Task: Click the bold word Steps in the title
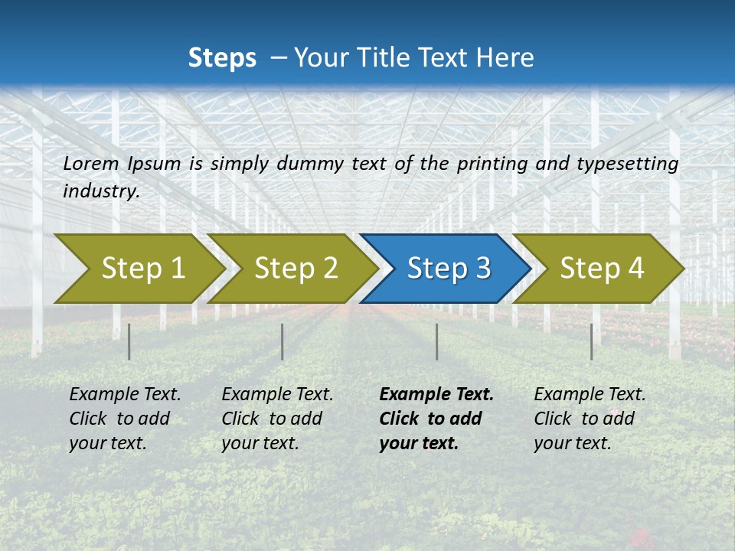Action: point(222,58)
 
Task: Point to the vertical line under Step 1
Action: point(129,341)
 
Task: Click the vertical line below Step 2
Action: point(283,341)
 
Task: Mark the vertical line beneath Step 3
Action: point(436,341)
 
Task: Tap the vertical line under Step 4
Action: point(591,341)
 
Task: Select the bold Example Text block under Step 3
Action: point(436,419)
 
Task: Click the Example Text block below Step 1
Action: point(125,419)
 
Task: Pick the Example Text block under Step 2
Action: point(277,419)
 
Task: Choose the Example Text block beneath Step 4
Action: point(590,419)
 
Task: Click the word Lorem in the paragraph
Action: point(91,163)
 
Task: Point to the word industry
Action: point(101,191)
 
